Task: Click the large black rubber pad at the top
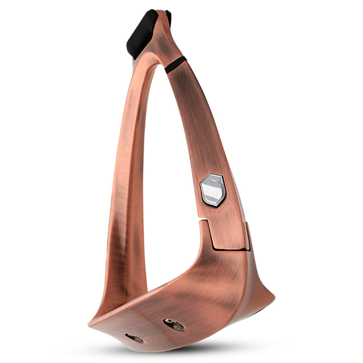pyautogui.click(x=142, y=33)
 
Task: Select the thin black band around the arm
pyautogui.click(x=176, y=65)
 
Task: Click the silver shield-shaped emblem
pyautogui.click(x=213, y=190)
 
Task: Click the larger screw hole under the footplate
pyautogui.click(x=174, y=324)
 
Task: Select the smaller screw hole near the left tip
pyautogui.click(x=134, y=338)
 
